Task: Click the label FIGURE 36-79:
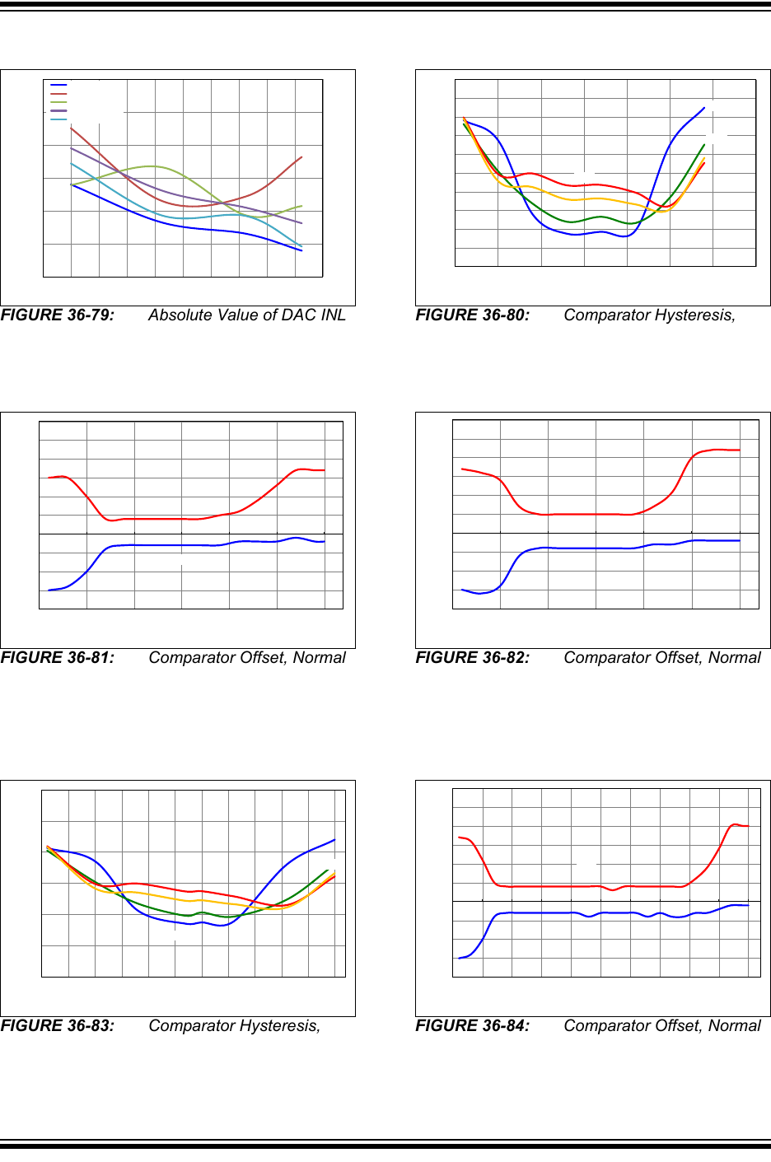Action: coord(58,315)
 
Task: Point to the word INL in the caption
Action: coord(333,315)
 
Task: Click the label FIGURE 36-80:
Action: coord(473,315)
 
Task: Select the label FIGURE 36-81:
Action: coord(58,658)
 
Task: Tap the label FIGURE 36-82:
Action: coord(473,658)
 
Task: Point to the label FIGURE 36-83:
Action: coord(58,1026)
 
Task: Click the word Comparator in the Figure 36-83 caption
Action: coord(192,1026)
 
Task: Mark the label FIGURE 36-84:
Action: coord(473,1026)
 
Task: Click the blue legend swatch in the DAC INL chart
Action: coord(58,85)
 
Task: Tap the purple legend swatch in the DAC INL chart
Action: coord(58,110)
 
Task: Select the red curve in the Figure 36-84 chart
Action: coord(560,886)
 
